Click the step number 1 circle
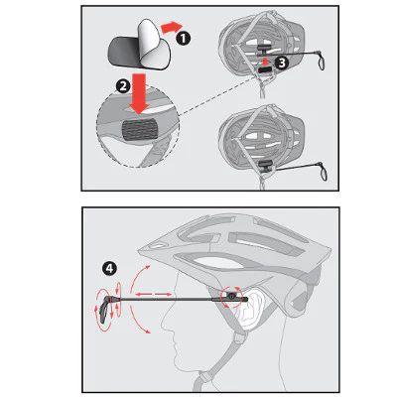click(183, 39)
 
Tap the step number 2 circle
click(123, 86)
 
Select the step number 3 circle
click(281, 63)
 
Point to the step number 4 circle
click(109, 268)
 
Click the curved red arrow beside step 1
click(171, 27)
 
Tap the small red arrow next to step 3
click(265, 62)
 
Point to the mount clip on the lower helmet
click(266, 165)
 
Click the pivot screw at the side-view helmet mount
click(231, 296)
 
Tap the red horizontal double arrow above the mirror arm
click(153, 294)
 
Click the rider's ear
click(249, 306)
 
